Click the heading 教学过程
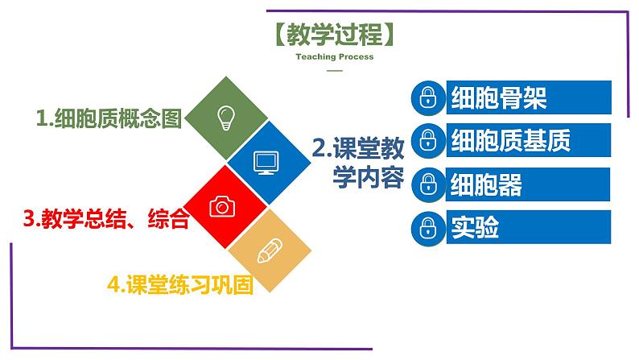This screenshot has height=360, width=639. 335,35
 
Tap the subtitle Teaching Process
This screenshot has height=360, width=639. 335,57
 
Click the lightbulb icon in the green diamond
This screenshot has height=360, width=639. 226,118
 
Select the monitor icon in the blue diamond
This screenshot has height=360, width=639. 266,163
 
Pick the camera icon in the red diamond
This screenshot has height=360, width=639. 222,206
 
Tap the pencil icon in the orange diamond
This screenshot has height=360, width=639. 270,250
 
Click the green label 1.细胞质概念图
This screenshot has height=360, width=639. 109,118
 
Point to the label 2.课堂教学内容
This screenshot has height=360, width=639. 358,163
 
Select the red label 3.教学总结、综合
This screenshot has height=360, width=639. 106,218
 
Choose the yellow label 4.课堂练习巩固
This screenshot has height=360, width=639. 180,284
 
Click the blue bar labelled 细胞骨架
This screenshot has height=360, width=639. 529,97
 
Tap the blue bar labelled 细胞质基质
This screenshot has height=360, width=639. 529,140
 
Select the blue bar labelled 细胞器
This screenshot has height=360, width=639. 528,184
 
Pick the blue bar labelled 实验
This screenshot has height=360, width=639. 529,227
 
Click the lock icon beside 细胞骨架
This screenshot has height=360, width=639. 428,97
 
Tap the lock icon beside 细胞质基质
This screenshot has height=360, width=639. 428,140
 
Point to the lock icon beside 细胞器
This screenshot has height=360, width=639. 428,184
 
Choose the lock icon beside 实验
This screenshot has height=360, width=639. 428,227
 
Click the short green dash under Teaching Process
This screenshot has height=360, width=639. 335,71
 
